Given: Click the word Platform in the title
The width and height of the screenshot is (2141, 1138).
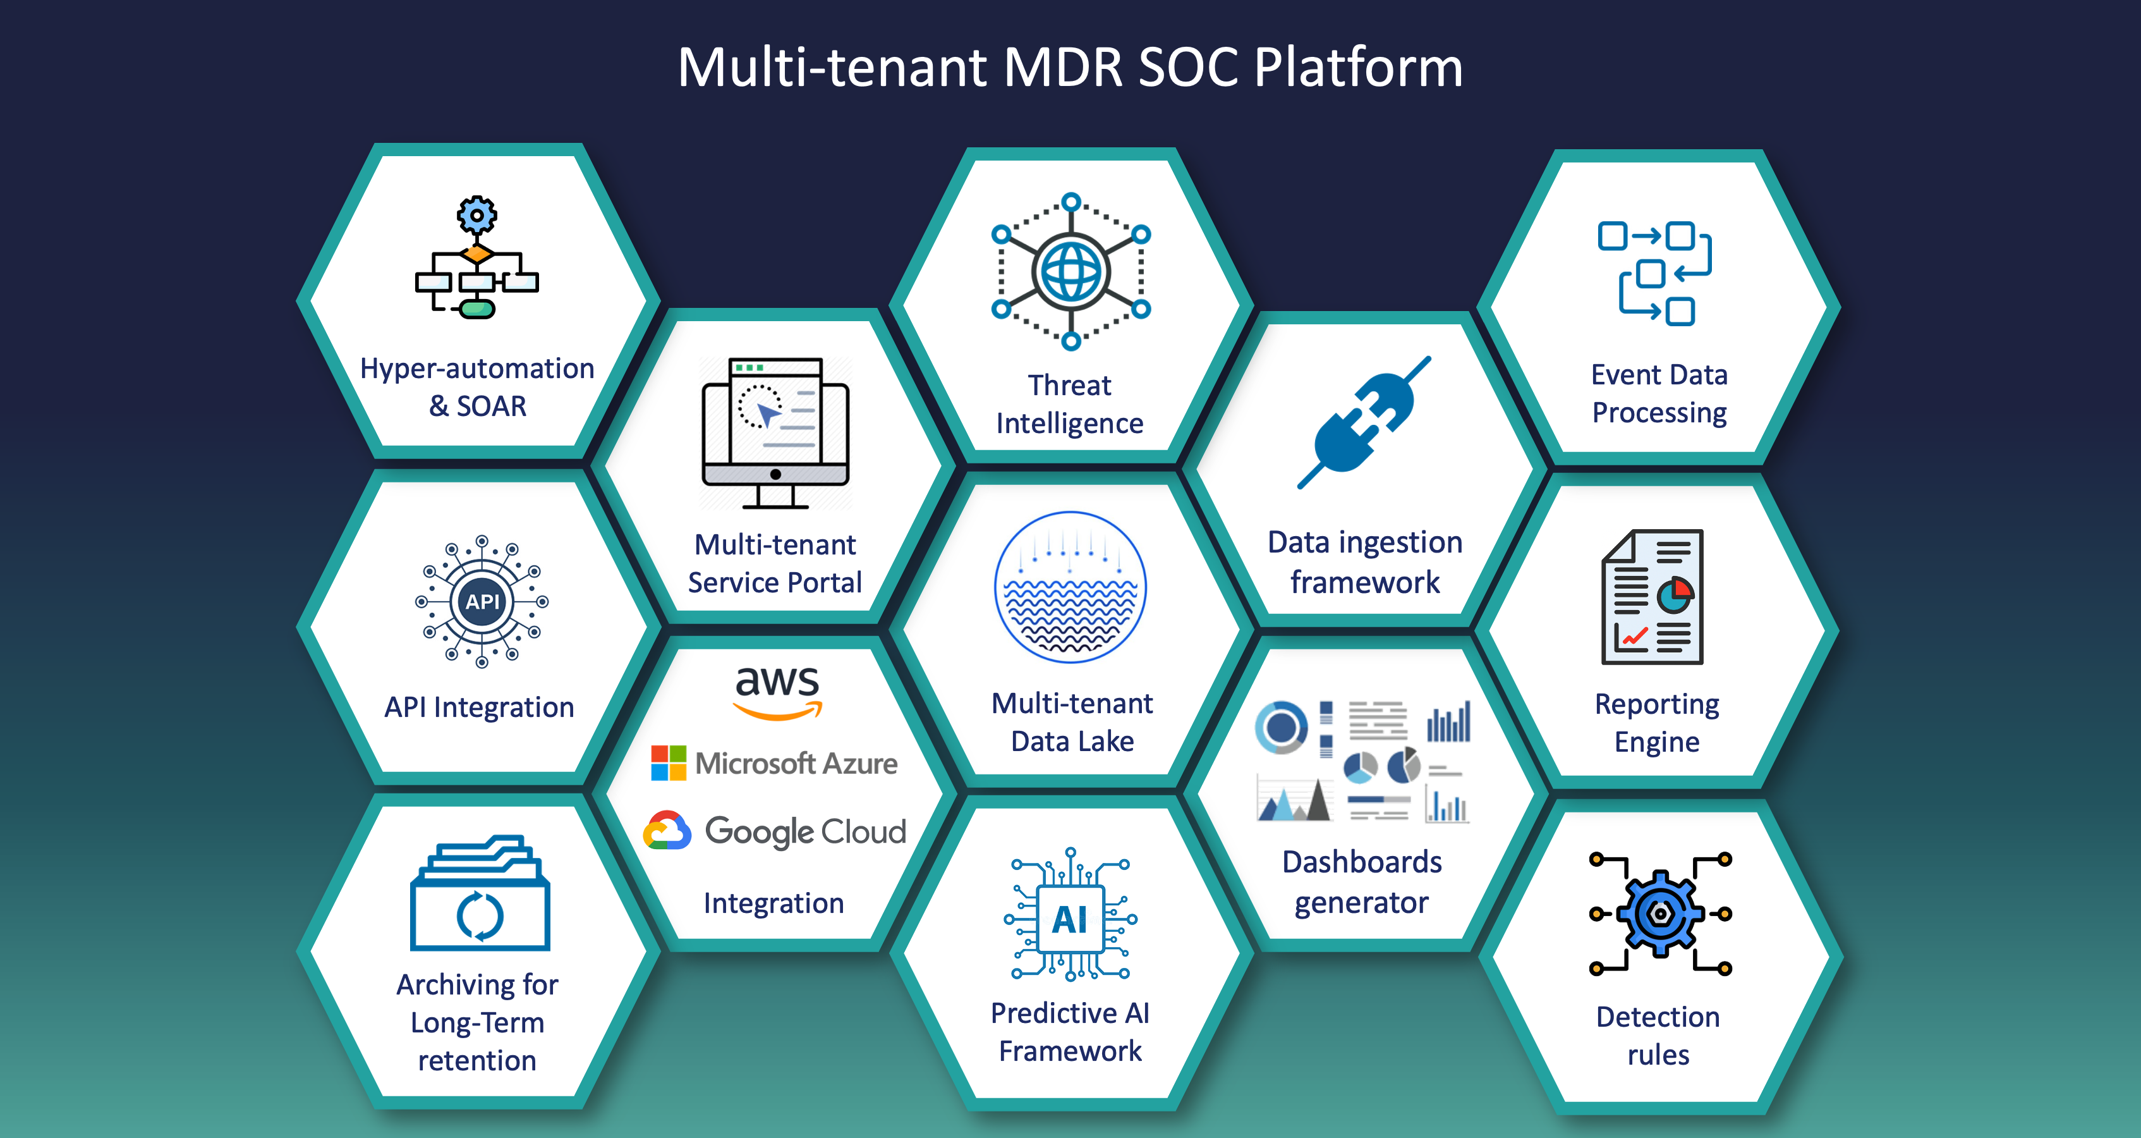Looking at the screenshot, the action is (x=1358, y=68).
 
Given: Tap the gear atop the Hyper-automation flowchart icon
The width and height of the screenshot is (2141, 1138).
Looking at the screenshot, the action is (x=477, y=216).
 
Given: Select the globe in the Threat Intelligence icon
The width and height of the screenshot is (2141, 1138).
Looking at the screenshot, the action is (x=1071, y=272).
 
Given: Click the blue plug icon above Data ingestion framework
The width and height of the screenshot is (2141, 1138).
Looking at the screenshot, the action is (x=1364, y=422).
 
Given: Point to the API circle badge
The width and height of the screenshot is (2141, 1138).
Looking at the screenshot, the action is (x=482, y=601).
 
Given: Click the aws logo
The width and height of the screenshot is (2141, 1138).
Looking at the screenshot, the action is (x=778, y=692).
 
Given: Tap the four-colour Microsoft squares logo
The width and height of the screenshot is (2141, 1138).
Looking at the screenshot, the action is (x=668, y=762).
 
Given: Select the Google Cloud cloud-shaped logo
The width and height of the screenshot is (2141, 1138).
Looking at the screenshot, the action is (x=667, y=831).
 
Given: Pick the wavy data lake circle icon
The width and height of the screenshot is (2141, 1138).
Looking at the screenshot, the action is (x=1070, y=587).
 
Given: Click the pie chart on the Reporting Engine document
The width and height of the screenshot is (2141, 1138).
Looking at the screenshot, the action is (x=1675, y=595).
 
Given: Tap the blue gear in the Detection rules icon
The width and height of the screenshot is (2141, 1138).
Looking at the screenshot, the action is (x=1659, y=914).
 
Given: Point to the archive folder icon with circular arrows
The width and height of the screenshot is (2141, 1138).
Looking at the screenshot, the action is (x=480, y=893).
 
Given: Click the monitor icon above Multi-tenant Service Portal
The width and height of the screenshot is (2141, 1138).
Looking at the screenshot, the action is (x=775, y=432).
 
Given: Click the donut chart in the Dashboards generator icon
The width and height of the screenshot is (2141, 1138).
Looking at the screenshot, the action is (x=1281, y=727).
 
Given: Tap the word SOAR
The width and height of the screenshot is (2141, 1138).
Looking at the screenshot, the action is (x=491, y=407).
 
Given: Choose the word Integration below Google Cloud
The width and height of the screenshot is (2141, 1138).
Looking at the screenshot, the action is (x=773, y=903).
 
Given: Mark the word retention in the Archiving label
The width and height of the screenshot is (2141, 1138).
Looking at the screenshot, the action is (x=477, y=1061).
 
